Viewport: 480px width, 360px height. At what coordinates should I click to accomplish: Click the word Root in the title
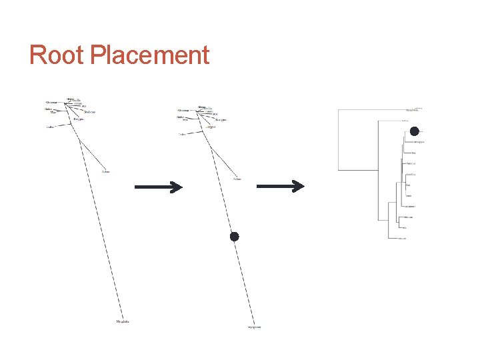[57, 55]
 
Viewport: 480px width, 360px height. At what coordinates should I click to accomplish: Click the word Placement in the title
[149, 55]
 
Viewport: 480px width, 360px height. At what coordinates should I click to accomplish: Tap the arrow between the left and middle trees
[158, 187]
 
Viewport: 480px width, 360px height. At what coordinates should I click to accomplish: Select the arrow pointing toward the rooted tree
[280, 187]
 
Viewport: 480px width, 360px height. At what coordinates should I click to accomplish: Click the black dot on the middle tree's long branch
[234, 237]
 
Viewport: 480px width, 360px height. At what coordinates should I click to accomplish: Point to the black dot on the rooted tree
[414, 131]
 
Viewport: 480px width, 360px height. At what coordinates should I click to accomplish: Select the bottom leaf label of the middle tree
[254, 327]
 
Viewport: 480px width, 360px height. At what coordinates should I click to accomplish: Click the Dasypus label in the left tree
[79, 119]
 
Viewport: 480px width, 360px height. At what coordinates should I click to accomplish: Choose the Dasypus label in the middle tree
[211, 125]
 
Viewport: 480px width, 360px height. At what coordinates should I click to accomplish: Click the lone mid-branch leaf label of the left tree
[106, 172]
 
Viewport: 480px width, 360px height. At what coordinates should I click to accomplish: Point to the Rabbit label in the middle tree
[181, 117]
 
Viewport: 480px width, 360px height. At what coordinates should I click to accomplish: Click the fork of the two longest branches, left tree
[81, 141]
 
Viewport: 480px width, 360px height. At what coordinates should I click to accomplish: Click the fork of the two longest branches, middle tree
[212, 147]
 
